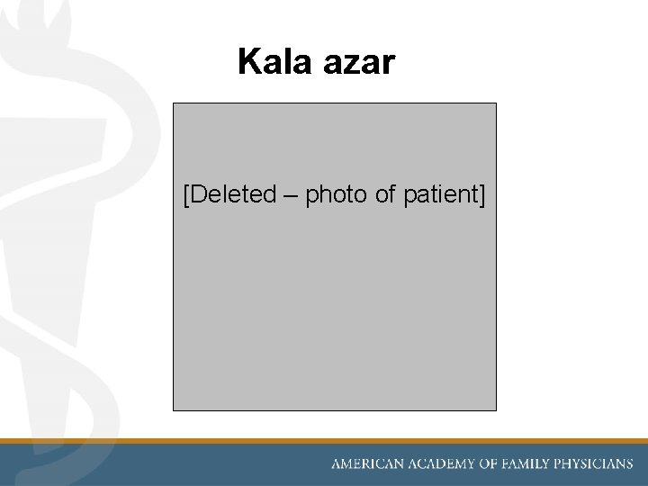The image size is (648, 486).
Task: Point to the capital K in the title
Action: tap(248, 62)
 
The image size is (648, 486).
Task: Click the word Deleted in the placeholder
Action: tap(233, 194)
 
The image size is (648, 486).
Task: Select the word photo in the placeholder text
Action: tap(337, 194)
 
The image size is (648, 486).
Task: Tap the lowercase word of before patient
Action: tap(386, 194)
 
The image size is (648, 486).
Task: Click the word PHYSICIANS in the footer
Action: tap(600, 464)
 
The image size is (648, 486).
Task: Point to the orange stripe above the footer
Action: tap(324, 441)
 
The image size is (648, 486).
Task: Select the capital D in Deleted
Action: tap(198, 194)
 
